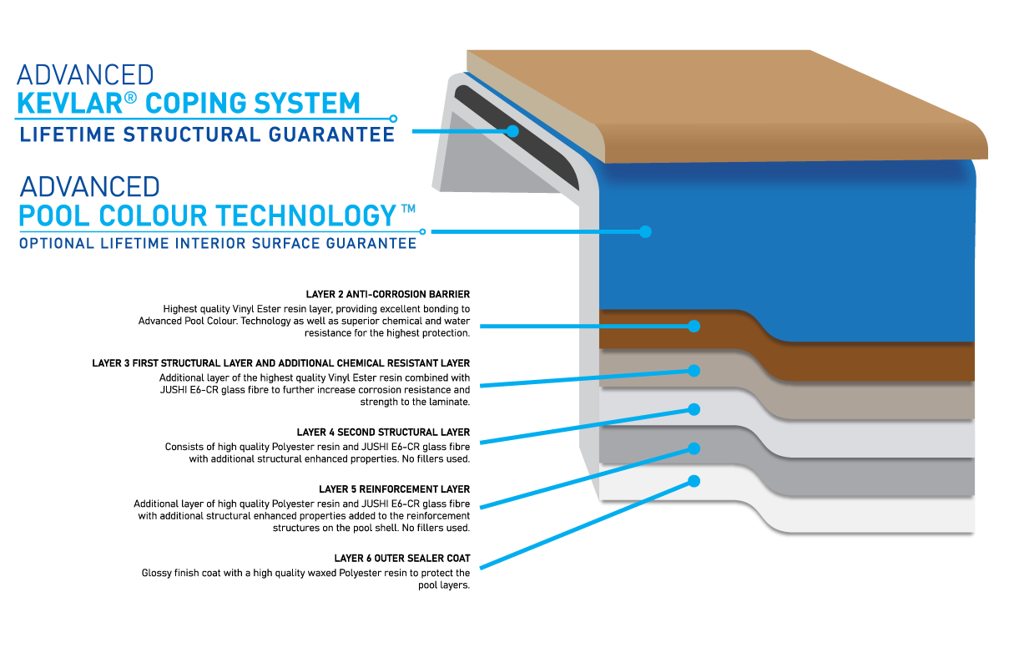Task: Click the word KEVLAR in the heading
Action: [x=70, y=103]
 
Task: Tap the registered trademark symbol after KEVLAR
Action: [x=130, y=98]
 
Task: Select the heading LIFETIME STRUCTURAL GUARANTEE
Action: [x=207, y=134]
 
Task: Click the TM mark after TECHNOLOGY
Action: [x=408, y=209]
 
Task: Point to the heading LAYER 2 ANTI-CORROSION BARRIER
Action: [x=388, y=294]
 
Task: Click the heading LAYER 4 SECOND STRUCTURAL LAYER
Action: [x=383, y=433]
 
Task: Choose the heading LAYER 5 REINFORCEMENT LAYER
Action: [x=395, y=489]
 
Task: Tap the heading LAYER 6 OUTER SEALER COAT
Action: [x=402, y=559]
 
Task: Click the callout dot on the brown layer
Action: [x=694, y=327]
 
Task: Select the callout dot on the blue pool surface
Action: [x=645, y=231]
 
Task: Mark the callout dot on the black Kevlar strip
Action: [x=512, y=131]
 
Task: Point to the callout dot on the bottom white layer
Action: [x=694, y=481]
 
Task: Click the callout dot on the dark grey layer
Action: [x=694, y=448]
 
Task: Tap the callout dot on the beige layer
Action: [x=694, y=371]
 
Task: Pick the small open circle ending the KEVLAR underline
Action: [x=393, y=119]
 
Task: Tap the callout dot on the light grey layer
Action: [x=694, y=409]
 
